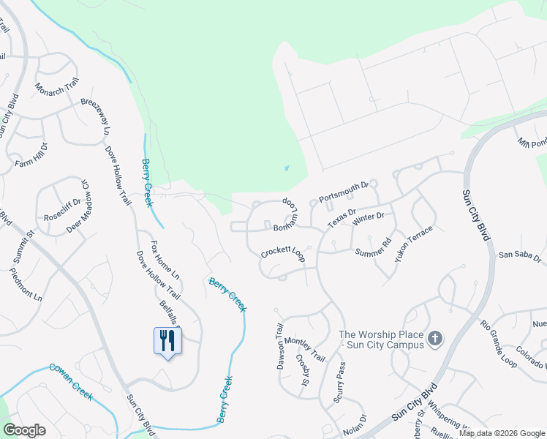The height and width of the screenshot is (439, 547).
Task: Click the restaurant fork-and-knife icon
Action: click(x=167, y=340)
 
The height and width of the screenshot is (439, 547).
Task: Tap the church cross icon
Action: click(x=435, y=338)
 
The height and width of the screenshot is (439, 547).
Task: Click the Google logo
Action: click(x=24, y=430)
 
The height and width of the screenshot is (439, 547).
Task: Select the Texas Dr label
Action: click(x=342, y=217)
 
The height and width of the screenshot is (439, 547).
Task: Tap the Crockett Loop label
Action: click(x=283, y=254)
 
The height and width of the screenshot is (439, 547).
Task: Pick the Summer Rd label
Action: click(x=374, y=248)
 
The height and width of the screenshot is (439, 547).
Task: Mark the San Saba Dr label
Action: click(x=519, y=257)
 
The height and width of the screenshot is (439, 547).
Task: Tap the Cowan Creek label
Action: click(x=71, y=381)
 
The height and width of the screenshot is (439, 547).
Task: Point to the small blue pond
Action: click(x=286, y=168)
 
